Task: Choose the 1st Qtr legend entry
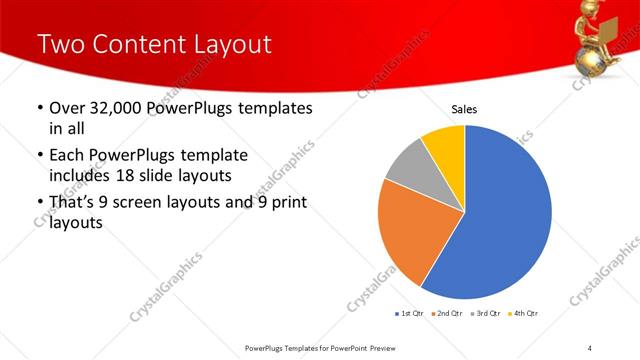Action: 410,314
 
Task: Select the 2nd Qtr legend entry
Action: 446,314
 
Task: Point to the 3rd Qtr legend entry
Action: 484,314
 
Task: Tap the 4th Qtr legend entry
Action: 521,314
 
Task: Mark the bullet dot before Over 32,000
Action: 39,108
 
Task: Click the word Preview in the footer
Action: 388,348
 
